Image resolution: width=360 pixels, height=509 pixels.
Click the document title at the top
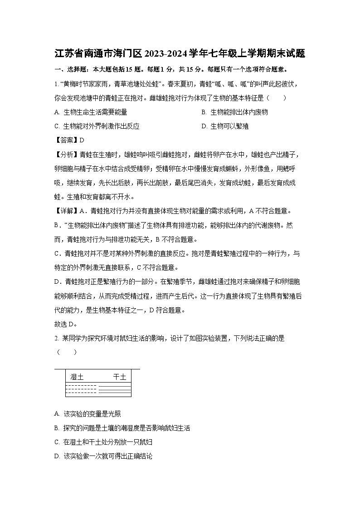pos(180,54)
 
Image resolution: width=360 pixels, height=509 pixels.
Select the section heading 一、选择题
pos(68,69)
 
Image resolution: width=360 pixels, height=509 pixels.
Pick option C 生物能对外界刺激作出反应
pos(101,126)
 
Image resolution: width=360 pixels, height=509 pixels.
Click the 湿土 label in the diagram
pos(77,377)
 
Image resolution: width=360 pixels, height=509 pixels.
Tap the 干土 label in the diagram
pos(119,377)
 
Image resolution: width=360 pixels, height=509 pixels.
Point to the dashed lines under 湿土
pos(81,388)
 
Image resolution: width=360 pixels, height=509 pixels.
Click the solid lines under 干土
pos(115,388)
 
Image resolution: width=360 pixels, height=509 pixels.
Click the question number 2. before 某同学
pos(57,338)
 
